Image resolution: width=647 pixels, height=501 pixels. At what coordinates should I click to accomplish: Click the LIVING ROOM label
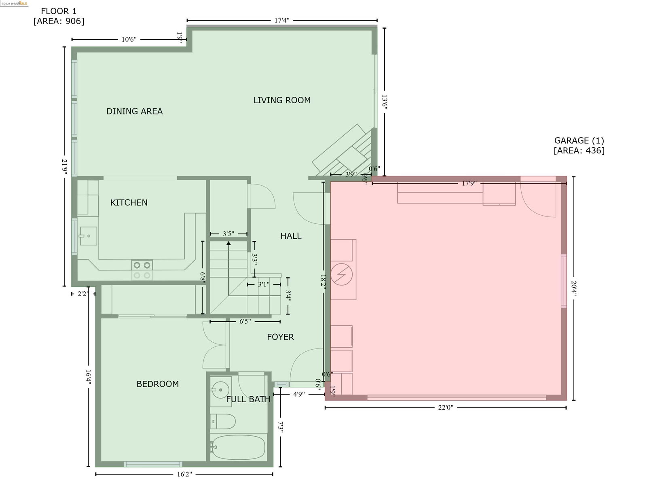tap(282, 100)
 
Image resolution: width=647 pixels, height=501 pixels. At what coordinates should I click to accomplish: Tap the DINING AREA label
tap(134, 111)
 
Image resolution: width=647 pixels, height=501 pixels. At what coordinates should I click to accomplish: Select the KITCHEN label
tap(129, 202)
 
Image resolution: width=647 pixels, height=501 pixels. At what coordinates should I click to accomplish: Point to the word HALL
tap(291, 236)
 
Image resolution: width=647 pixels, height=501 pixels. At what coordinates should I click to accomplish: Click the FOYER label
tap(280, 337)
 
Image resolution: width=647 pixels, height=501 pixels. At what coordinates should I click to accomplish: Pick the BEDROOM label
tap(158, 384)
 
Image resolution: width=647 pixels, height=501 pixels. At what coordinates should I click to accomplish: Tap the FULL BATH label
tap(248, 399)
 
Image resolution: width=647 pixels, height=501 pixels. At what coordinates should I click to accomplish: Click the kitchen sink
tap(89, 236)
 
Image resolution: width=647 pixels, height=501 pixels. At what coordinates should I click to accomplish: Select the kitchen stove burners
tap(142, 270)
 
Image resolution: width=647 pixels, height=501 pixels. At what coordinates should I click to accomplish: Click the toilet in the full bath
tap(223, 421)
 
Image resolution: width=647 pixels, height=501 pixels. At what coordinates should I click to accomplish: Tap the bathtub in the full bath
tap(238, 447)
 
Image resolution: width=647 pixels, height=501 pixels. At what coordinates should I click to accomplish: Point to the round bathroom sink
tap(220, 390)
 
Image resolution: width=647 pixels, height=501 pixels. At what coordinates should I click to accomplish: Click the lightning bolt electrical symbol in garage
tap(341, 274)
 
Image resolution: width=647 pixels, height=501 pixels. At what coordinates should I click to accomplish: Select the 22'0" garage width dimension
tap(446, 408)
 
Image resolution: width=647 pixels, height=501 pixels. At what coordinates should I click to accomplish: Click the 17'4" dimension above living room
tap(282, 20)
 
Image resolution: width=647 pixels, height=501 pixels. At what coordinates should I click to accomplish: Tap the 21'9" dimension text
tap(64, 166)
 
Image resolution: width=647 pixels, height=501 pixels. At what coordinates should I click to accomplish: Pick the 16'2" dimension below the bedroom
tap(184, 474)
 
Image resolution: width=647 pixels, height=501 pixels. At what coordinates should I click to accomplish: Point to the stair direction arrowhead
tap(228, 243)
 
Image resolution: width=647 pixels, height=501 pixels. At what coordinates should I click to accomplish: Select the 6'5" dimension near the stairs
tap(245, 321)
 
